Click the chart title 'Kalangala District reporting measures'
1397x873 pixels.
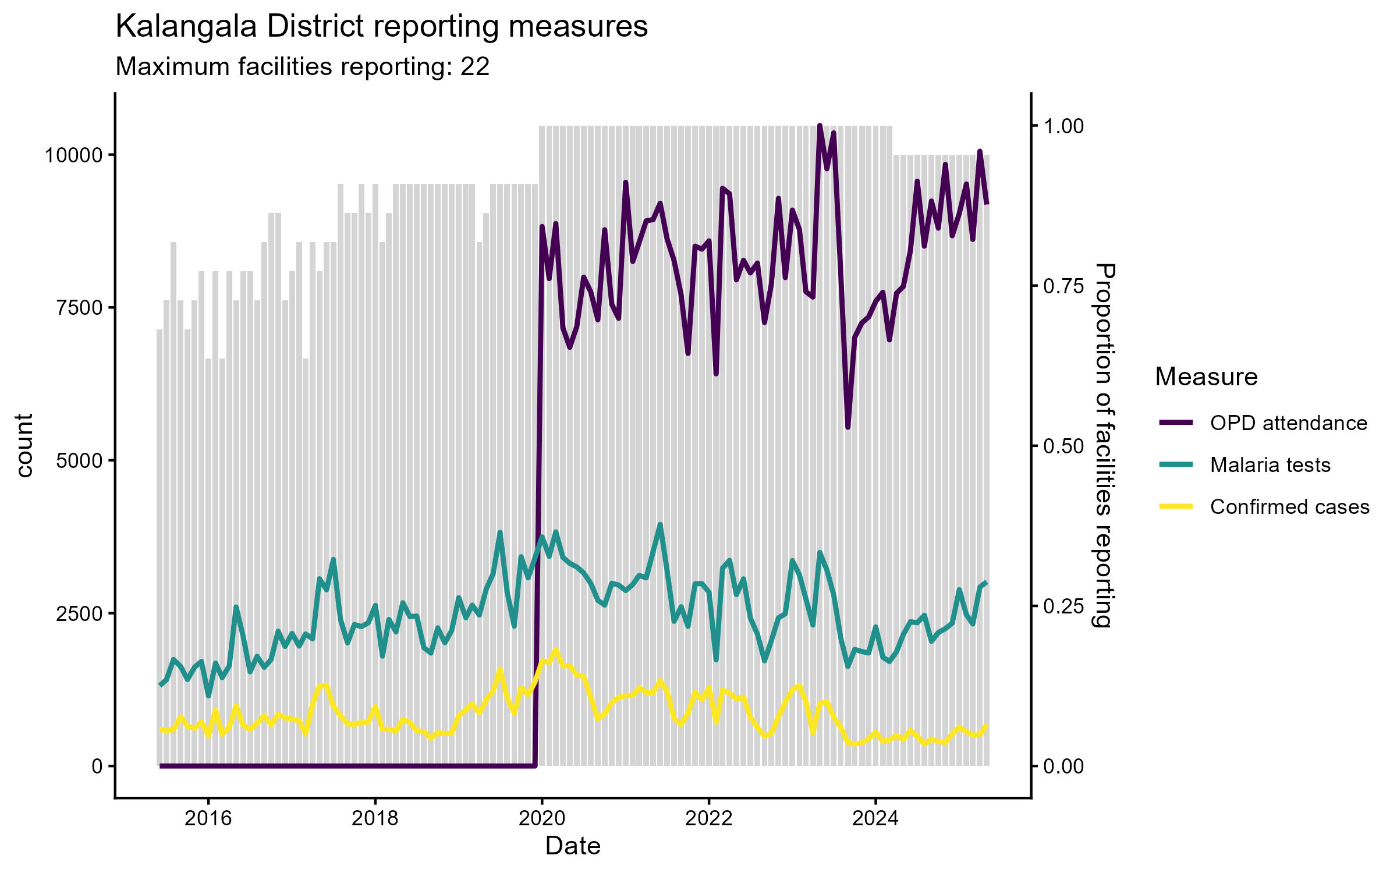coord(381,27)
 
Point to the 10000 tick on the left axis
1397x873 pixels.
coord(73,155)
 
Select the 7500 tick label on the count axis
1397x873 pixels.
coord(79,308)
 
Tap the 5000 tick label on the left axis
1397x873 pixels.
coord(79,460)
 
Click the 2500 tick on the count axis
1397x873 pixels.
coord(79,613)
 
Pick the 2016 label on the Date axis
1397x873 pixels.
coord(208,818)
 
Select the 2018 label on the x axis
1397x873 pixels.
coord(375,818)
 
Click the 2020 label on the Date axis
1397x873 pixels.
coord(542,818)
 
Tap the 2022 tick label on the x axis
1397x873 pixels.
coord(708,818)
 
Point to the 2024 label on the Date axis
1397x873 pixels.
coord(875,818)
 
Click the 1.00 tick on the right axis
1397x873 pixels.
coord(1063,126)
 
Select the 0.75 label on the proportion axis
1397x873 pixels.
coord(1063,286)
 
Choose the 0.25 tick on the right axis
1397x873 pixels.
coord(1063,606)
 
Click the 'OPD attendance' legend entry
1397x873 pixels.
coord(1288,423)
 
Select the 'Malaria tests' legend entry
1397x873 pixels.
coord(1270,465)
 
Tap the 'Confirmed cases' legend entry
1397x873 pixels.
coord(1289,507)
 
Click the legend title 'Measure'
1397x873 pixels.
coord(1206,377)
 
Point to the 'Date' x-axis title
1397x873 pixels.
coord(573,846)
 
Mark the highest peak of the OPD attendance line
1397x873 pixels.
coord(820,126)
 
